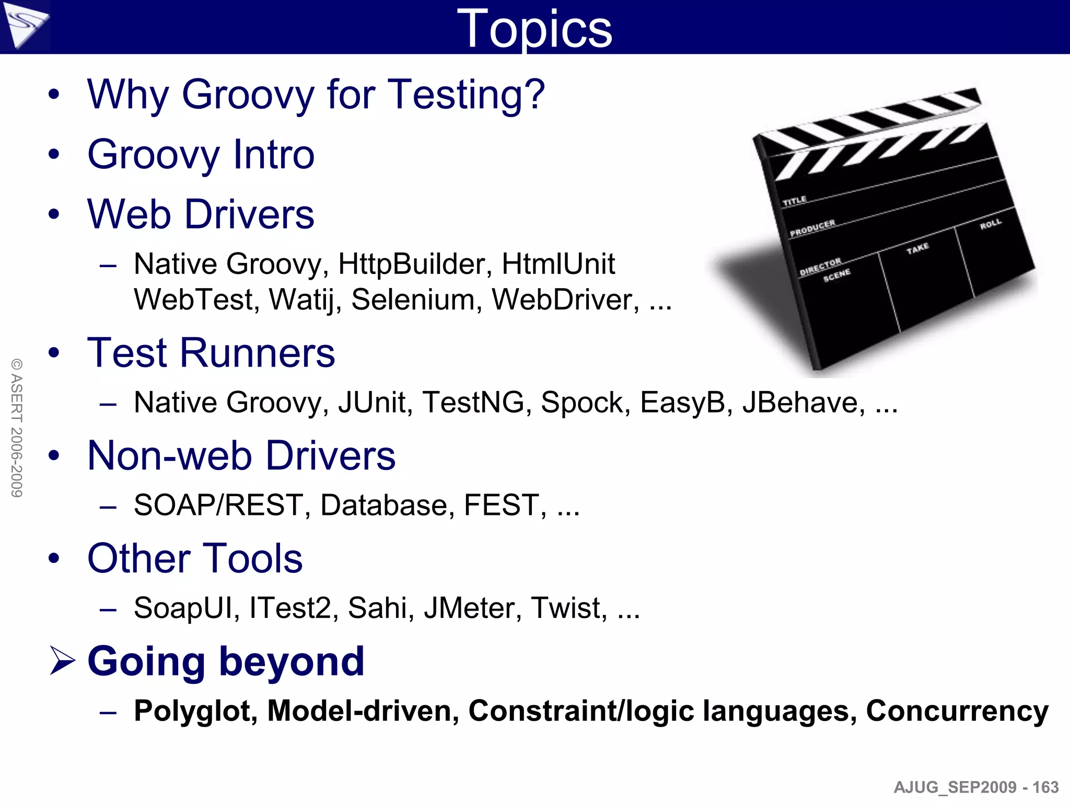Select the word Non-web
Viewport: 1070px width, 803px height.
coord(170,456)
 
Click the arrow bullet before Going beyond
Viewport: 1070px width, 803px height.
coord(62,660)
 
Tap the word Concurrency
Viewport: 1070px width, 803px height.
coord(957,712)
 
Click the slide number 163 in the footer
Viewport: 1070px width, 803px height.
coord(1045,787)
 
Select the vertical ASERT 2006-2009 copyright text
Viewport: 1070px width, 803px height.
coord(17,428)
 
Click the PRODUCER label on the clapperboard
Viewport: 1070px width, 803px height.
coord(812,228)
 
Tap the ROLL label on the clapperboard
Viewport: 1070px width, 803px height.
coord(991,224)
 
